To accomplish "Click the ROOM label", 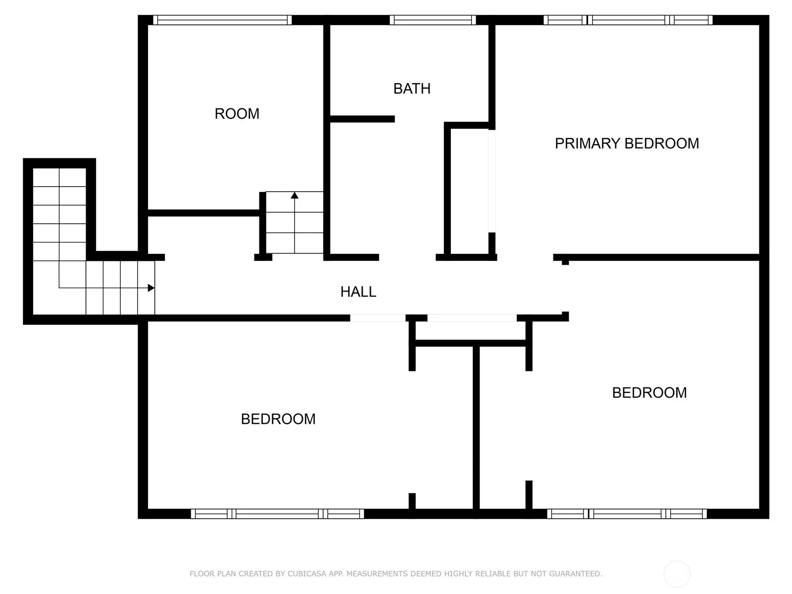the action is tap(237, 114).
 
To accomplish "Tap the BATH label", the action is tap(412, 89).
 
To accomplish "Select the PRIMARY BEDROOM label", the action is tap(627, 144).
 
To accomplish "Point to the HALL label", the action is tap(358, 292).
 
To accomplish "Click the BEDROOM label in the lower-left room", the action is tap(278, 419).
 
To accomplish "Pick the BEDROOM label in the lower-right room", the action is tap(649, 393).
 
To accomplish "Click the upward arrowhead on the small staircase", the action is tap(295, 195).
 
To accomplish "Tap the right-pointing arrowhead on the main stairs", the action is tap(151, 288).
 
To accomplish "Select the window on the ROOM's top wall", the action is tap(222, 20).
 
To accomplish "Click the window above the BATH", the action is tap(433, 20).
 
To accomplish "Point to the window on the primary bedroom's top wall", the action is tap(628, 20).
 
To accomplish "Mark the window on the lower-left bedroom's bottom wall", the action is tap(278, 514).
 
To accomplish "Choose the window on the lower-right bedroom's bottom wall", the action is tap(627, 514).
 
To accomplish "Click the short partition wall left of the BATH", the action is tap(362, 119).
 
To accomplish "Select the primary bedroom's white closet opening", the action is tap(492, 181).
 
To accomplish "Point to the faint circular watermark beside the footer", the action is tap(677, 574).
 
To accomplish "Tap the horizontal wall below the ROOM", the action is tap(204, 213).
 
